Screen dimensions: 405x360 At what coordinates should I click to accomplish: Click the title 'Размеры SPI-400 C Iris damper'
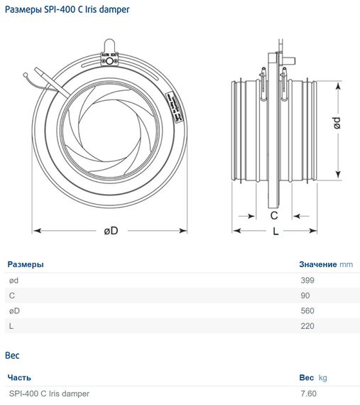67,10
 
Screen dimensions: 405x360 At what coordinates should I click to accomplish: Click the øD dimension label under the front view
110,231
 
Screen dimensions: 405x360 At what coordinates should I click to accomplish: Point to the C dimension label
273,215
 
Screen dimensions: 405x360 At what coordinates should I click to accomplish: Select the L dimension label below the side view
276,232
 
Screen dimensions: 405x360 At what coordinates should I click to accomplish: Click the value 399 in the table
307,280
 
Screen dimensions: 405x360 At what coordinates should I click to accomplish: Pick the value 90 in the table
305,296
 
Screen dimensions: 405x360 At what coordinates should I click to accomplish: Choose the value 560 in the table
307,311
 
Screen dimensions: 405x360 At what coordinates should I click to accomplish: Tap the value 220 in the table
307,326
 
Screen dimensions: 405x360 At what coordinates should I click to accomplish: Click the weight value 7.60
308,393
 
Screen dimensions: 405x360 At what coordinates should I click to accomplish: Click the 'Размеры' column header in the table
26,264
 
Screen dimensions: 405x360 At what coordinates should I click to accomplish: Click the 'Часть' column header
20,377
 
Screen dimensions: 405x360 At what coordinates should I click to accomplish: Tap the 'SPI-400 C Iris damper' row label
50,393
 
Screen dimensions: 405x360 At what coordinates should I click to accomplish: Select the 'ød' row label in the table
13,280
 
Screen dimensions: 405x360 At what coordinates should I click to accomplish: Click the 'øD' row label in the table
14,311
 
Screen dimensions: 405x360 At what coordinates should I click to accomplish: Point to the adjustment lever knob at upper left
27,72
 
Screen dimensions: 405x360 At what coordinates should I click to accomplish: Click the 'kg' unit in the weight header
322,377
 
